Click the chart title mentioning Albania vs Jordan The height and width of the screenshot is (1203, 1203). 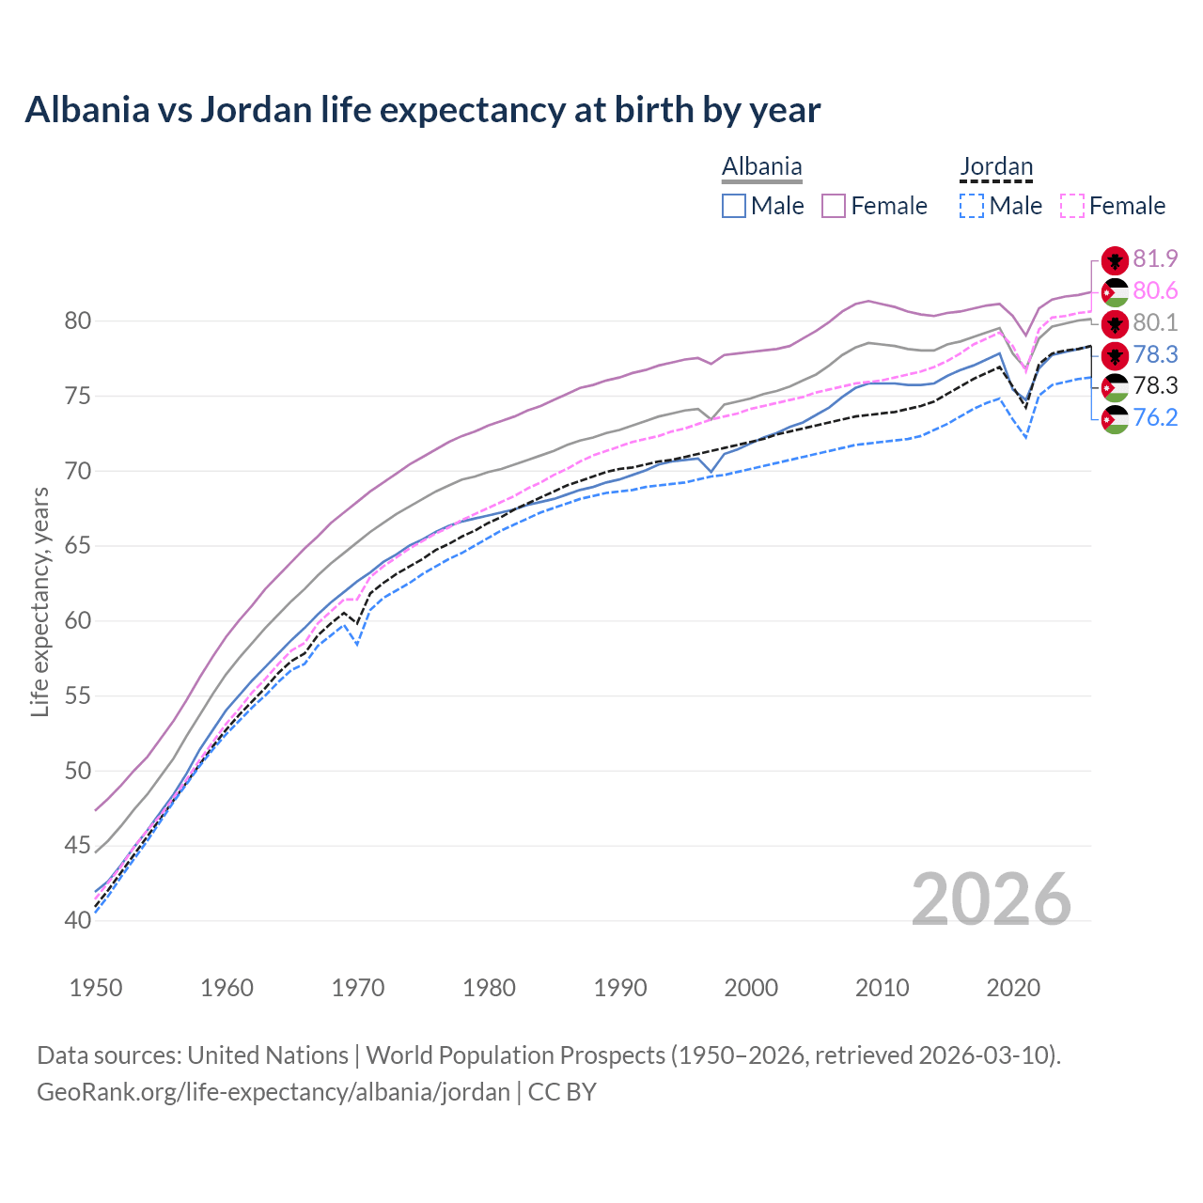pos(422,110)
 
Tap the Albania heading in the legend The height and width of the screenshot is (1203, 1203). pos(761,167)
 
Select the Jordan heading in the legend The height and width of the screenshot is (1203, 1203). pos(996,167)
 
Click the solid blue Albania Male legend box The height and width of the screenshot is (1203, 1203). pos(734,206)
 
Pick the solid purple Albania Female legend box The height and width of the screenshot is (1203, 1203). pos(834,206)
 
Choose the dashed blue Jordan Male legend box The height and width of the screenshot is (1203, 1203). pos(972,206)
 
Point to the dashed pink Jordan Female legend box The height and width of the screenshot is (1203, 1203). pos(1072,206)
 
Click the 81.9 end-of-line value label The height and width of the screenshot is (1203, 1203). pos(1155,259)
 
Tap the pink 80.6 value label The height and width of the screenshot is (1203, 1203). pos(1155,291)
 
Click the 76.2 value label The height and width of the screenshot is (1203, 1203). pos(1155,418)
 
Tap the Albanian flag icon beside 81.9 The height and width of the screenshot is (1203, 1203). pos(1115,260)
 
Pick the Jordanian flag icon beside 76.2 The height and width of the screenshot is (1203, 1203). pos(1115,419)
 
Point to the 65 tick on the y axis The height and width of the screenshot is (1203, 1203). pos(78,546)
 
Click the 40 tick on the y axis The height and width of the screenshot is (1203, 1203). pos(78,920)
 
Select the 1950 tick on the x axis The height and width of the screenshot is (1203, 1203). pos(96,988)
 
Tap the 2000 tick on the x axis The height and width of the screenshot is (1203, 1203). pos(751,988)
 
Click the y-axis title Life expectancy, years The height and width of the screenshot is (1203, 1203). pos(40,601)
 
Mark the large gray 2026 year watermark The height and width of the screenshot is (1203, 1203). pos(992,899)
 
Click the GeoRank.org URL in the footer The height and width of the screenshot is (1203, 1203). pos(273,1092)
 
